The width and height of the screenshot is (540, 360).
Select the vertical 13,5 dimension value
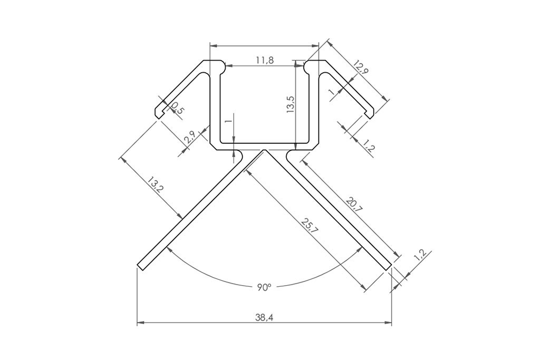[290, 104]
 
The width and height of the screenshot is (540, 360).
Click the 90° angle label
[264, 287]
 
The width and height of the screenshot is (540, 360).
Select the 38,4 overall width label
[264, 317]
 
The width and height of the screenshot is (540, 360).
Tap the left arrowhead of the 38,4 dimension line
[140, 322]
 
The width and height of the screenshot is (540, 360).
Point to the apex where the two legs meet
[264, 151]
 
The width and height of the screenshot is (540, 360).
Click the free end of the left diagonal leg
[141, 265]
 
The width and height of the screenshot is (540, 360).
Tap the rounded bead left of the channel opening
[225, 67]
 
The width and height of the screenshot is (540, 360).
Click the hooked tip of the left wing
[158, 114]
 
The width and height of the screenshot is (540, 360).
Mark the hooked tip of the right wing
[371, 114]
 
